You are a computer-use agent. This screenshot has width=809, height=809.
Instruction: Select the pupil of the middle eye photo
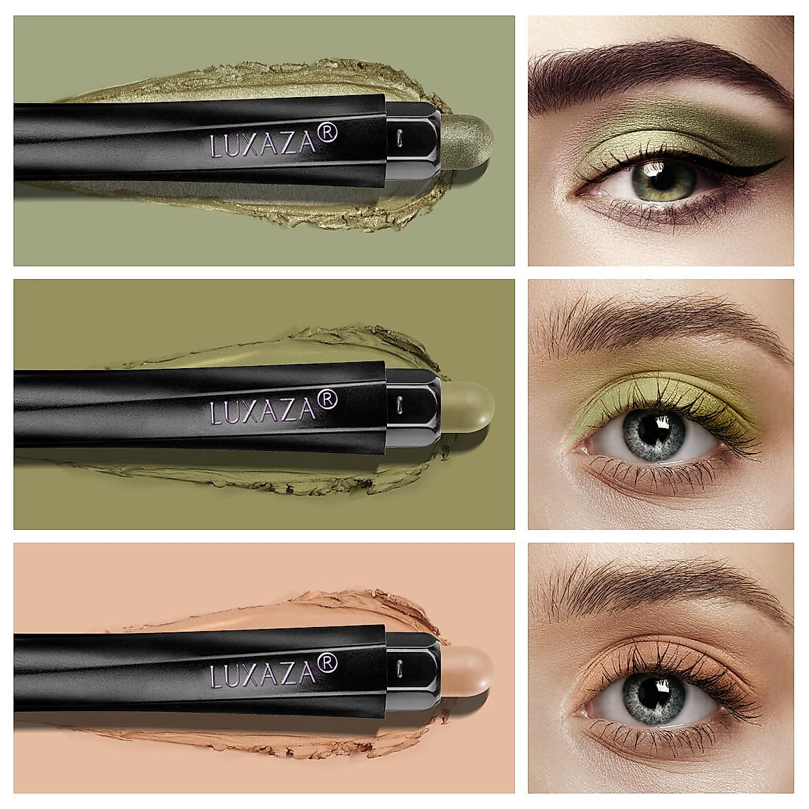[652, 429]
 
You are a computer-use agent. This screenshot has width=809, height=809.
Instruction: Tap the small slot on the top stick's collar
[400, 135]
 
